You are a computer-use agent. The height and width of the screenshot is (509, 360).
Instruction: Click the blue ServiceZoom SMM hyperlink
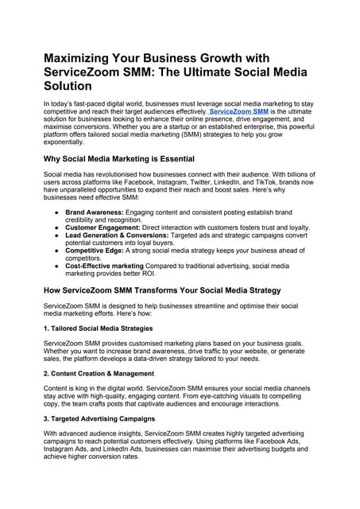(x=239, y=112)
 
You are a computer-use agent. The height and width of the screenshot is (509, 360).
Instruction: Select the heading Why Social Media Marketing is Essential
(x=120, y=159)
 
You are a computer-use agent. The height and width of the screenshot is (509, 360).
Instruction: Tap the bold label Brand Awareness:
(x=95, y=213)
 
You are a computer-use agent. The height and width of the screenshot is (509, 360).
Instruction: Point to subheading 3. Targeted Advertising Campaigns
(x=100, y=418)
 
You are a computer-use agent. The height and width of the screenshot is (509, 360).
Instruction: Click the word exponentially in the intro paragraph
(x=70, y=142)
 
